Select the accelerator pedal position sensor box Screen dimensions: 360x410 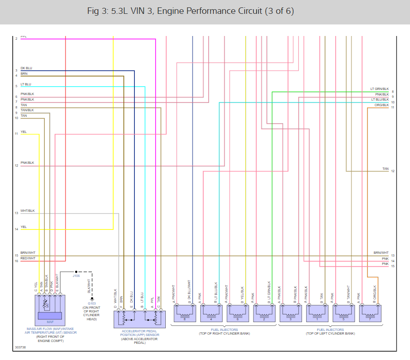pos(139,319)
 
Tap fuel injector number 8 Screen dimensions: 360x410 pos(185,313)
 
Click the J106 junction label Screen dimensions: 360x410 pos(76,276)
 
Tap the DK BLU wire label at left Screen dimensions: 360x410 pos(26,68)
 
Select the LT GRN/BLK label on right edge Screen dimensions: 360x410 pos(380,89)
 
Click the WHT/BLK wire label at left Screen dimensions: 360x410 pos(28,211)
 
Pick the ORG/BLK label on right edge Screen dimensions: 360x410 pos(382,105)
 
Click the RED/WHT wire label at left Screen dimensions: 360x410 pos(28,258)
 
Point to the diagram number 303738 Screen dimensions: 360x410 pos(20,347)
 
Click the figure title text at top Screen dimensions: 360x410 pos(190,11)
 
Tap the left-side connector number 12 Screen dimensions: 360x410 pos(16,165)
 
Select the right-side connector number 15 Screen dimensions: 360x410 pos(392,266)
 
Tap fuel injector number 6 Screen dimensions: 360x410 pos(238,313)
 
